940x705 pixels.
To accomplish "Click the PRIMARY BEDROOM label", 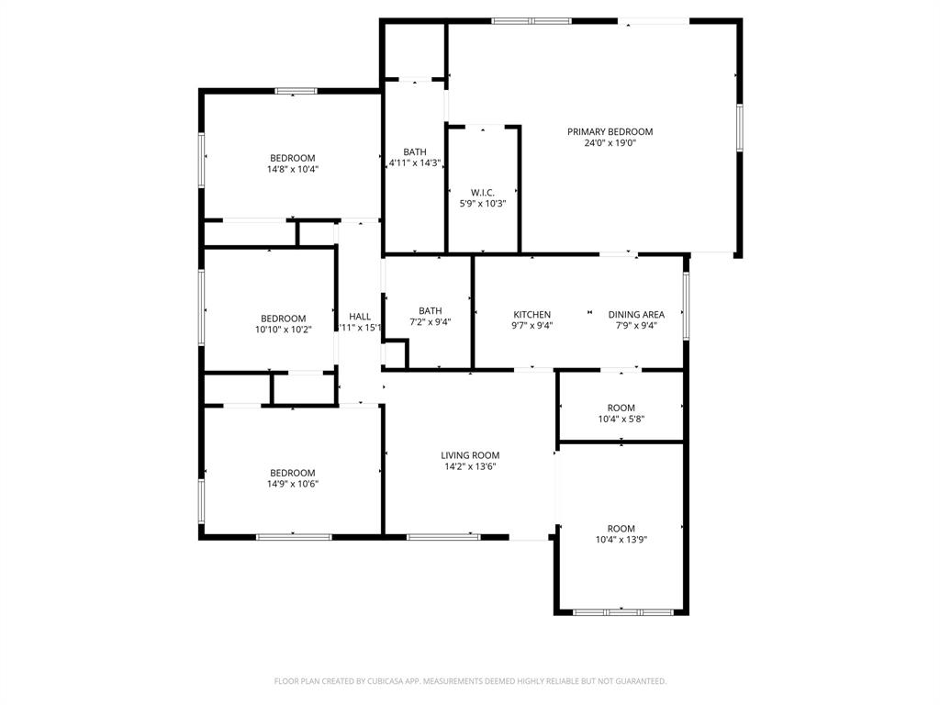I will point(610,131).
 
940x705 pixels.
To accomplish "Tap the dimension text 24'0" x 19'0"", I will point(610,143).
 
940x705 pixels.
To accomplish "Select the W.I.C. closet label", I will point(483,192).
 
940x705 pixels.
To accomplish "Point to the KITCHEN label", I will point(532,315).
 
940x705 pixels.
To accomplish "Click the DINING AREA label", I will point(636,315).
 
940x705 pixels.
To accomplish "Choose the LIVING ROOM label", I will point(470,455).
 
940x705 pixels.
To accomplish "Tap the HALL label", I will point(360,316).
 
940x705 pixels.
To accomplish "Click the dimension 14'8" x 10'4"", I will point(293,169).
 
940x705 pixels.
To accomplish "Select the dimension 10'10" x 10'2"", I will point(284,330).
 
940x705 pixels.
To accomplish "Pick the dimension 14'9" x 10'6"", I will point(293,484).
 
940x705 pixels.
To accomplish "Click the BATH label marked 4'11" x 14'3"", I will point(415,152).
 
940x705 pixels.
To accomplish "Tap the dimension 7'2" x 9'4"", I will point(430,322).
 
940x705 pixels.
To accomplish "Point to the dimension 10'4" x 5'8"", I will point(621,420).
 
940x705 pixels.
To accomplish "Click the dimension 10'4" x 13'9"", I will point(621,540).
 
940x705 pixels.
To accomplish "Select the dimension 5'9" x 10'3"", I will point(483,203).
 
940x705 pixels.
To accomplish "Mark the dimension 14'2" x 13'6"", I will point(470,466).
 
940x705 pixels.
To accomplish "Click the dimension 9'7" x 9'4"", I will point(532,326).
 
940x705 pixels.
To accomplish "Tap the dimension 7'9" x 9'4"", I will point(636,326).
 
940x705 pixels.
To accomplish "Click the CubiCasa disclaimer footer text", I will point(470,681).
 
